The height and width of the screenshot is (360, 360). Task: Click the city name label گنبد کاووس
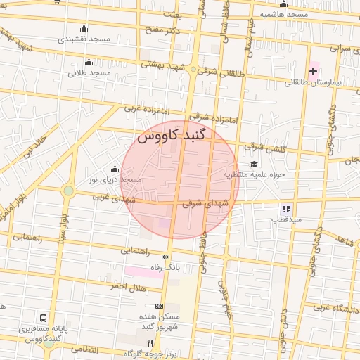[172, 136]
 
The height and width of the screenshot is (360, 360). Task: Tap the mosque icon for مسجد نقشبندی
[84, 29]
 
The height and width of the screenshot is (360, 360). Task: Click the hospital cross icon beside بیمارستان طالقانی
[313, 71]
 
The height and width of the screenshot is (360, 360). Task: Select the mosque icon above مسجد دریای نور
[115, 169]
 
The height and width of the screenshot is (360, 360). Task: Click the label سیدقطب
[287, 219]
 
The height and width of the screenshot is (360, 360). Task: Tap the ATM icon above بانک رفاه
[165, 257]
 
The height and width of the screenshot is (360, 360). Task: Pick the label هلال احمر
[127, 287]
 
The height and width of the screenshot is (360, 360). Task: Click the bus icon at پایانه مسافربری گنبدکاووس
[44, 318]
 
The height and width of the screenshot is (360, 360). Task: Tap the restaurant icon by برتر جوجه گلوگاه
[149, 342]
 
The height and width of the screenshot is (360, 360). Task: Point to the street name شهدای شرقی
[206, 203]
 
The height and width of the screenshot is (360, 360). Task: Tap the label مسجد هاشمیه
[283, 14]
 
